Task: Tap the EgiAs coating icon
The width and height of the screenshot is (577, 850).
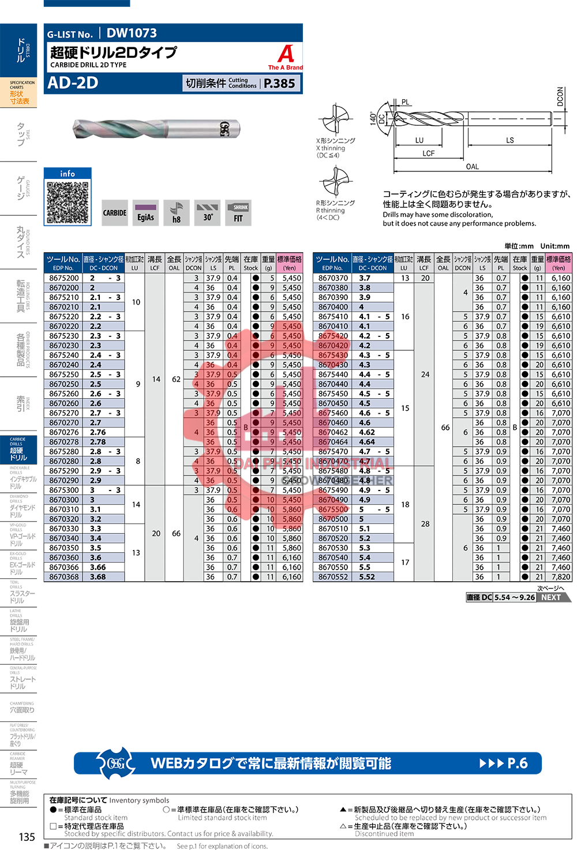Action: click(145, 212)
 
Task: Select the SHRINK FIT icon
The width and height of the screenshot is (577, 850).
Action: click(238, 212)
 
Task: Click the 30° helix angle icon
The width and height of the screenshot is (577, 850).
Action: click(207, 212)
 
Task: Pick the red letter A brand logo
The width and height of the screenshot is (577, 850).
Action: click(286, 54)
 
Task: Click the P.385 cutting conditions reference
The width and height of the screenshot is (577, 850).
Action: click(279, 84)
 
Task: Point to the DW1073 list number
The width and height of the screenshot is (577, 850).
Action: click(132, 33)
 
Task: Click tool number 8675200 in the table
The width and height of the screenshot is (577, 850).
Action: click(64, 278)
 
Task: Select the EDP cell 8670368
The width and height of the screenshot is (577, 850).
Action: click(64, 577)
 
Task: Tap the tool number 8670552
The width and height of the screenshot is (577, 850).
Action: click(333, 577)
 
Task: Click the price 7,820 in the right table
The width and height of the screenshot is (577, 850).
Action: click(560, 577)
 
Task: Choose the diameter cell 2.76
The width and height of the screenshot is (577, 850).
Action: click(98, 432)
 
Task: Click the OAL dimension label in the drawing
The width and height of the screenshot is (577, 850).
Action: click(472, 167)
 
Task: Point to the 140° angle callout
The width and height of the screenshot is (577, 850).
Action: click(373, 118)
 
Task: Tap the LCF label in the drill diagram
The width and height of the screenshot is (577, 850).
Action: click(428, 153)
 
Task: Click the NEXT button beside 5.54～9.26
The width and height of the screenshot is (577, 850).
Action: click(551, 597)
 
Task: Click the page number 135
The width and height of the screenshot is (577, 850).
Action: click(27, 837)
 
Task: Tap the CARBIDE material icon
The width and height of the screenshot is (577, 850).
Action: click(115, 212)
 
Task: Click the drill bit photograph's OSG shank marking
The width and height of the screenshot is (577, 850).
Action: click(224, 129)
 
